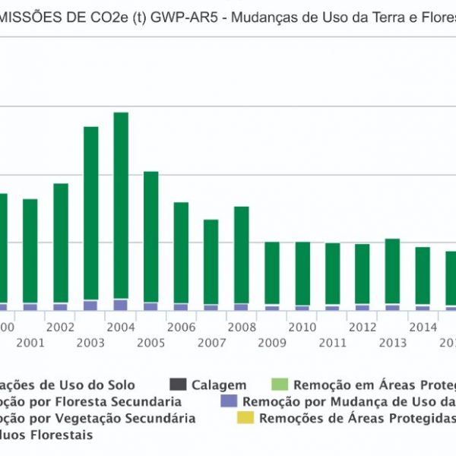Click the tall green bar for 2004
coord(121,205)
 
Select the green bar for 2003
coord(90,213)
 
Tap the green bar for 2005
coord(151,236)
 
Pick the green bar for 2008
coord(242,255)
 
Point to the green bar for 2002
coord(61,243)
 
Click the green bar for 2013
coord(392,271)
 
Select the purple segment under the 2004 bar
coord(121,305)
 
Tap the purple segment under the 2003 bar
coord(90,306)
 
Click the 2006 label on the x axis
coord(181,327)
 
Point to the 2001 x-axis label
coord(30,343)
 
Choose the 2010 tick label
coord(302,327)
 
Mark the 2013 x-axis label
coord(392,343)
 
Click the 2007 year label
coord(211,343)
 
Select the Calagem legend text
coord(219,385)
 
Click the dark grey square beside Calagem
coord(178,385)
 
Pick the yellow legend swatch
coord(245,418)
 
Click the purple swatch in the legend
coord(226,401)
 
